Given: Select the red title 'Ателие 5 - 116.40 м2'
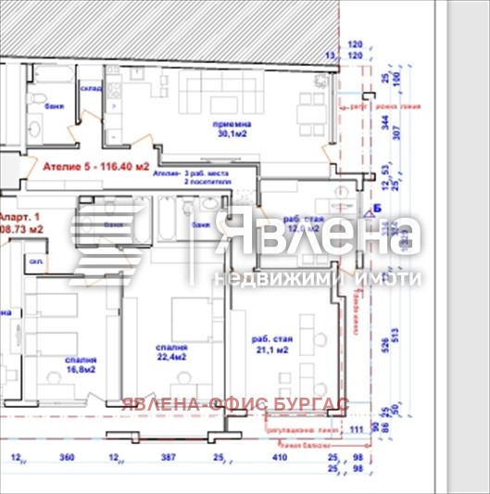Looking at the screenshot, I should (x=96, y=168).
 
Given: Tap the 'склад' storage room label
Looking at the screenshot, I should (x=91, y=88).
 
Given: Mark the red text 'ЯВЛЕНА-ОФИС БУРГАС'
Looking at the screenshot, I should (x=235, y=404).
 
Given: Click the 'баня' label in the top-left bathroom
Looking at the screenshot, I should (x=55, y=108).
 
